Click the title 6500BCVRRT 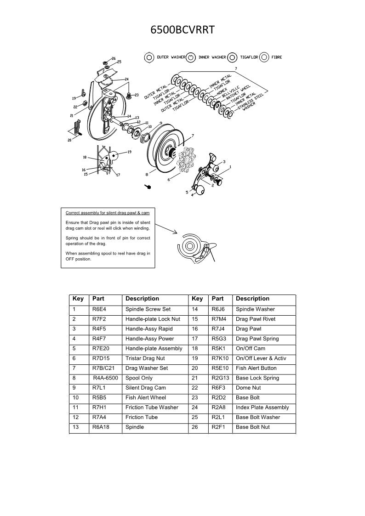pyautogui.click(x=182, y=30)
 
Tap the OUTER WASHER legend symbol pyautogui.click(x=148, y=57)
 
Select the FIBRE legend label pyautogui.click(x=277, y=57)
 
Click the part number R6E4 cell pyautogui.click(x=99, y=309)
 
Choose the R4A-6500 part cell pyautogui.click(x=106, y=378)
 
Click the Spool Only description pyautogui.click(x=139, y=378)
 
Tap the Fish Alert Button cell pyautogui.click(x=256, y=368)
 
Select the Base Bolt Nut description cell pyautogui.click(x=253, y=427)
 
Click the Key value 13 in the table pyautogui.click(x=76, y=427)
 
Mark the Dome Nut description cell pyautogui.click(x=248, y=388)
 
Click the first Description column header pyautogui.click(x=142, y=299)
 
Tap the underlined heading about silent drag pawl pyautogui.click(x=107, y=213)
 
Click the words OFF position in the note pyautogui.click(x=79, y=259)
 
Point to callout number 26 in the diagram pyautogui.click(x=114, y=58)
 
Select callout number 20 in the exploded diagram pyautogui.click(x=69, y=141)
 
